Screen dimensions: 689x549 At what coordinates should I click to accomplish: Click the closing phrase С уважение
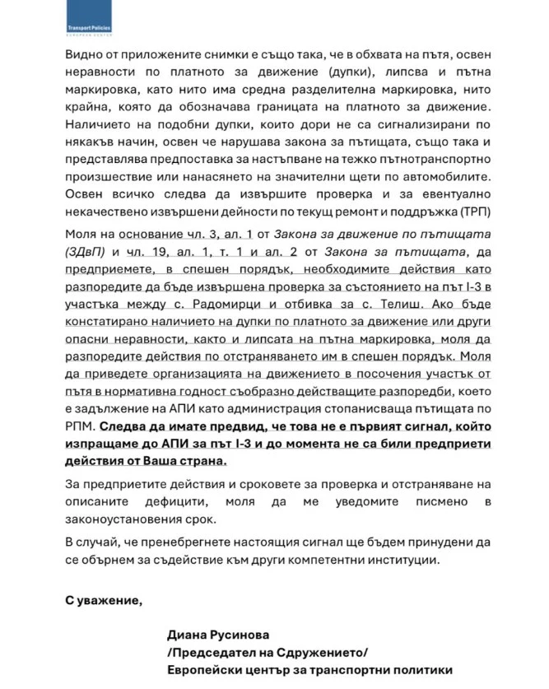click(103, 600)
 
